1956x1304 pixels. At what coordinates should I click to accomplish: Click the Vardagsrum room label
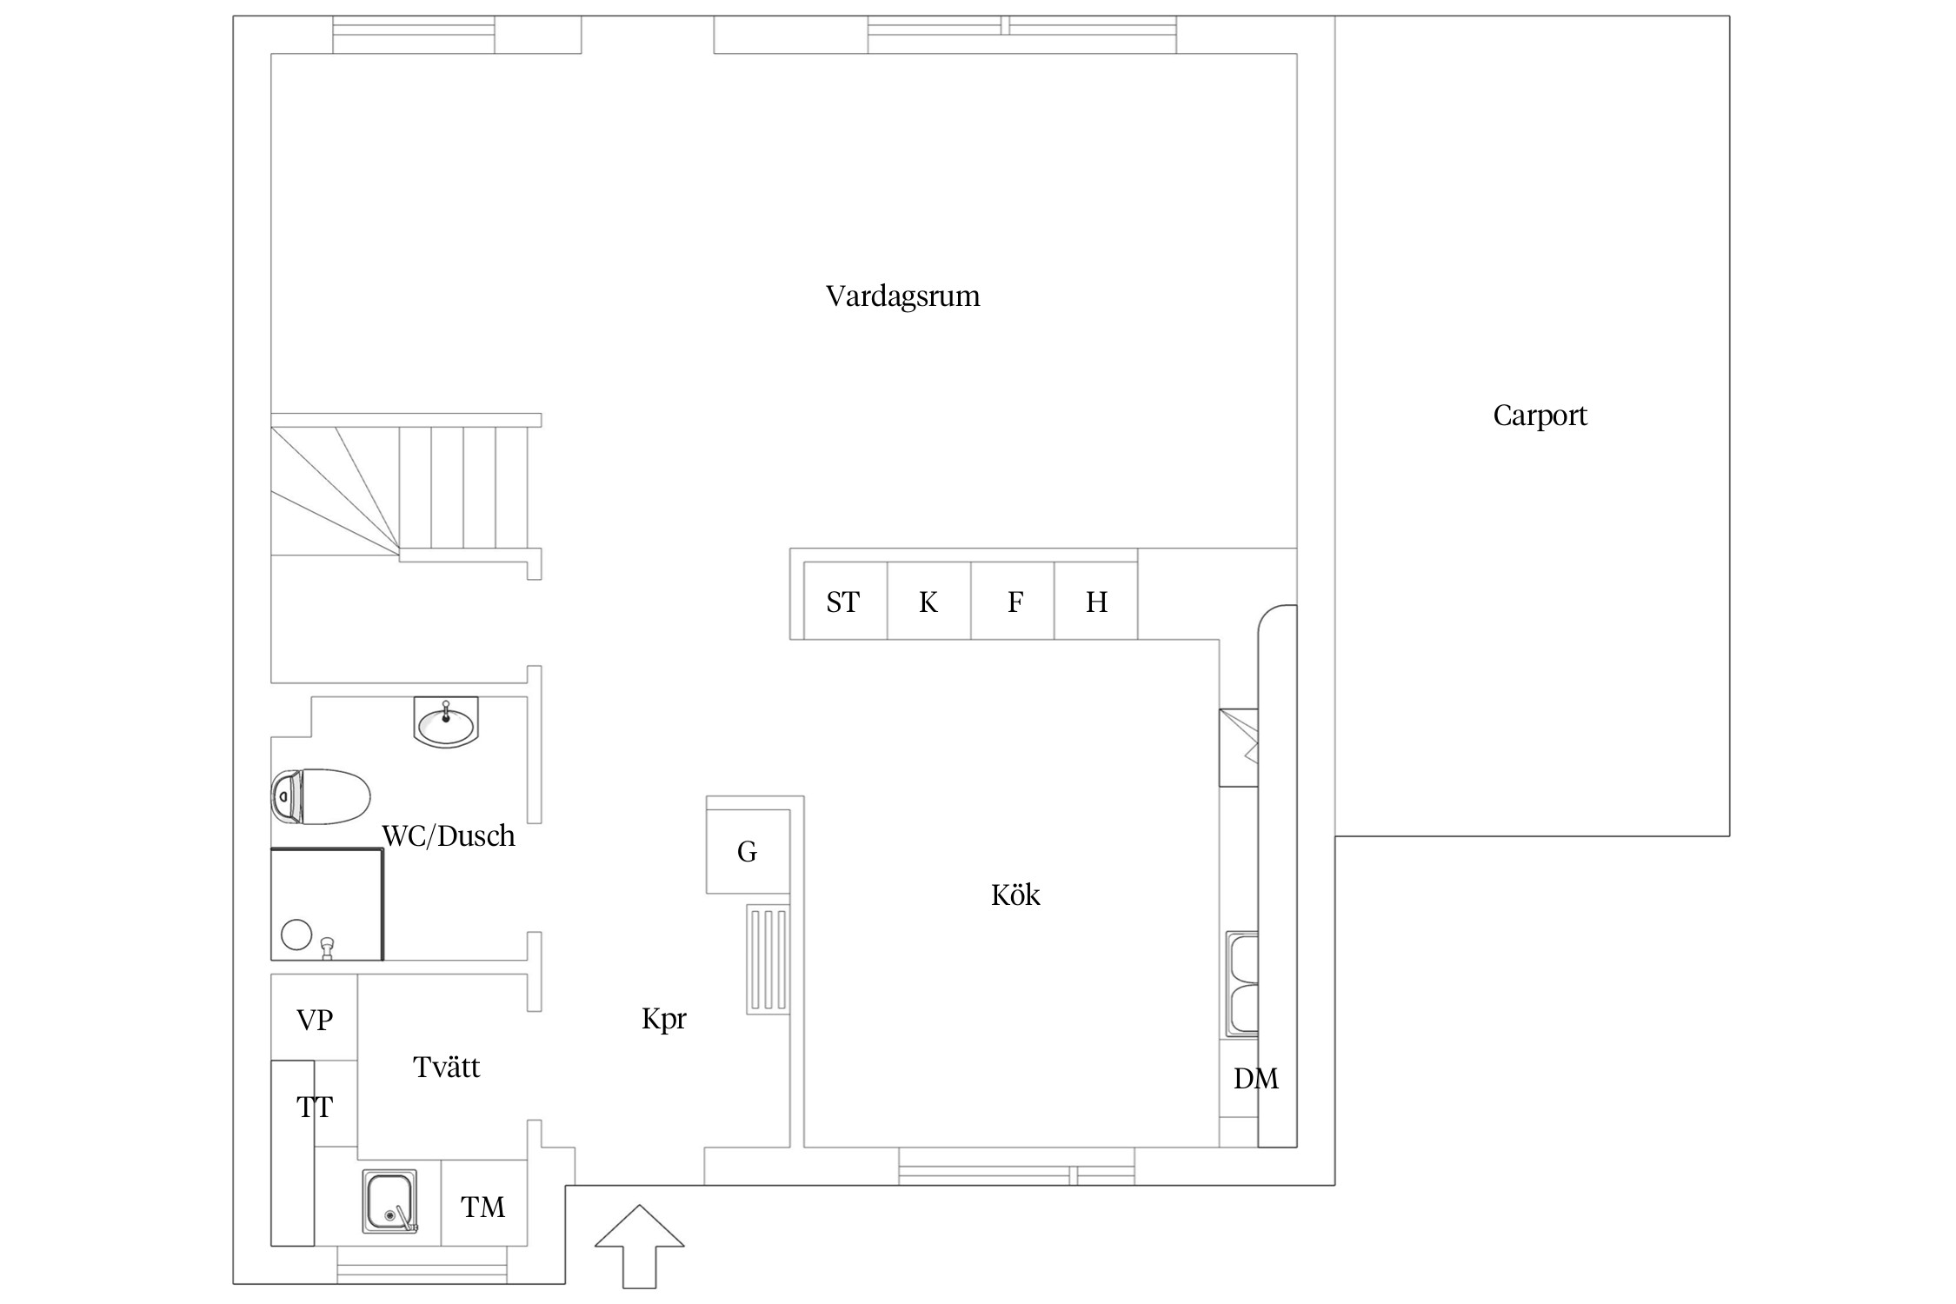[902, 296]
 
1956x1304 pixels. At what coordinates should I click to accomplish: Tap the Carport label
[1540, 416]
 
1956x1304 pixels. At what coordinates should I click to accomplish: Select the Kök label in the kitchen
[1015, 895]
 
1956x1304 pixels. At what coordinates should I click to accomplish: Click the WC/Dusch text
[449, 835]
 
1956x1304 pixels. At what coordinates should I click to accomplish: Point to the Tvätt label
[446, 1067]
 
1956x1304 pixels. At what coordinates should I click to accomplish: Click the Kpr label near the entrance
[663, 1018]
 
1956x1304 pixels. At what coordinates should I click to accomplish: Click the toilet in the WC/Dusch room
[321, 795]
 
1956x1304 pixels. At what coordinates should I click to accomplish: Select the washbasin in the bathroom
[446, 723]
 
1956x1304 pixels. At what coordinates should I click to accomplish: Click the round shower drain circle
[296, 935]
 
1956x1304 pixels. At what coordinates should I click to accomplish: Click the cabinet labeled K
[928, 601]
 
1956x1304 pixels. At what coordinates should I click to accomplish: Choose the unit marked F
[1013, 601]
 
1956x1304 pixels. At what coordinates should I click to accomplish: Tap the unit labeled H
[1095, 601]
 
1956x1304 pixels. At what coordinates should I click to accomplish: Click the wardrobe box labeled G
[748, 851]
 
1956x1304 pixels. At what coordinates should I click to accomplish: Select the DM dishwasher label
[1255, 1079]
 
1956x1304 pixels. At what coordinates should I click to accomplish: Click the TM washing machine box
[483, 1206]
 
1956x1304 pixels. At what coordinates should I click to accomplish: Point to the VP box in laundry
[314, 1019]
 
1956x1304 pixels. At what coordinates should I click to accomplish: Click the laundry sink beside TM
[389, 1201]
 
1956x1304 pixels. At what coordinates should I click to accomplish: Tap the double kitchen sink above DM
[1242, 985]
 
